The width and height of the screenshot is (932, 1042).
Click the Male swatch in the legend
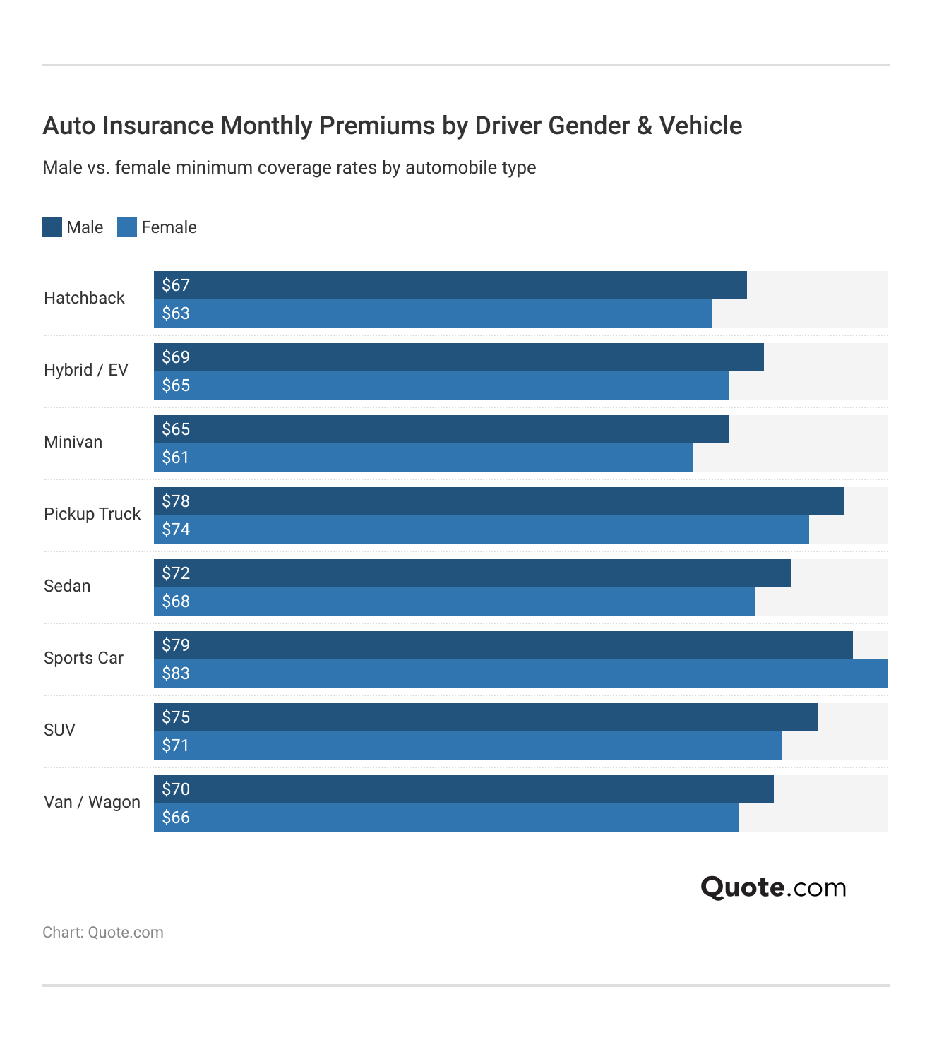pos(52,227)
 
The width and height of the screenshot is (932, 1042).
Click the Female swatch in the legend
pos(127,227)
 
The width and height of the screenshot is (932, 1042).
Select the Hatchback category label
pos(84,298)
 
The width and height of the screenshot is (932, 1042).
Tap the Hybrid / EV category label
pos(86,370)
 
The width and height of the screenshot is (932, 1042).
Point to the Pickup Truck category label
pos(92,514)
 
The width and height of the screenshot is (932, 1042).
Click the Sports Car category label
pos(83,658)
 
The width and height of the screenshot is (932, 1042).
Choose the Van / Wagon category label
pos(92,802)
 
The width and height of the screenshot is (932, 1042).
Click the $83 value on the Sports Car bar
pos(176,673)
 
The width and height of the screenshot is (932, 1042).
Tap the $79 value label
pos(176,645)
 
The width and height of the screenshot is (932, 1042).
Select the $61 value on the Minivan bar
pos(176,457)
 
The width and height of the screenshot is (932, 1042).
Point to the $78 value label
pos(176,501)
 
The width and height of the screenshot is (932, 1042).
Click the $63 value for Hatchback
pos(176,313)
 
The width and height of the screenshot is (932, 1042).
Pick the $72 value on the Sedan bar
pos(176,573)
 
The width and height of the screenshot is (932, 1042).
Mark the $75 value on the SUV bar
pos(176,717)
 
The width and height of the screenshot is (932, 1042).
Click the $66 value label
pos(176,818)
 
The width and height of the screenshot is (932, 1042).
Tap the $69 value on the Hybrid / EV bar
pos(176,357)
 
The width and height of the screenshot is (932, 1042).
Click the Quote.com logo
pos(773,887)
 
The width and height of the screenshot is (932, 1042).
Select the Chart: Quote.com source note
pos(103,933)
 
